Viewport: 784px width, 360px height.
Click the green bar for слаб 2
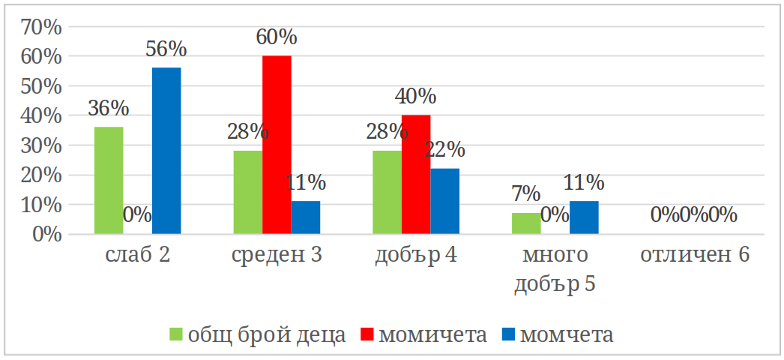[109, 181]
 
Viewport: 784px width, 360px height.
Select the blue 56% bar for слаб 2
[166, 151]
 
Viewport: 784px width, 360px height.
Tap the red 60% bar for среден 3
[277, 145]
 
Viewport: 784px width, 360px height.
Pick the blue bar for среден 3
[306, 217]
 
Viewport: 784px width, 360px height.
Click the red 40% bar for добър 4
[416, 175]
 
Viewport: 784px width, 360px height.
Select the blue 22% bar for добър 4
[445, 201]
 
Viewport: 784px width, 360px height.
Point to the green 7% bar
[526, 223]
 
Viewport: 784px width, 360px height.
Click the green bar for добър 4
[388, 193]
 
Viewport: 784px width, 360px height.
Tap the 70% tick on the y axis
[44, 27]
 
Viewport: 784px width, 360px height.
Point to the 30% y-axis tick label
[44, 145]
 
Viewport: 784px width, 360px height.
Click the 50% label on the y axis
[44, 86]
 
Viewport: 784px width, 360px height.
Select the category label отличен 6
[695, 256]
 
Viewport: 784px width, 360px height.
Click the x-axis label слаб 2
[138, 256]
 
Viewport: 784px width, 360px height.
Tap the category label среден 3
[277, 256]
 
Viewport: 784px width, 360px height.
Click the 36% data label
[108, 108]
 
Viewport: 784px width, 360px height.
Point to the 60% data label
[277, 37]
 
